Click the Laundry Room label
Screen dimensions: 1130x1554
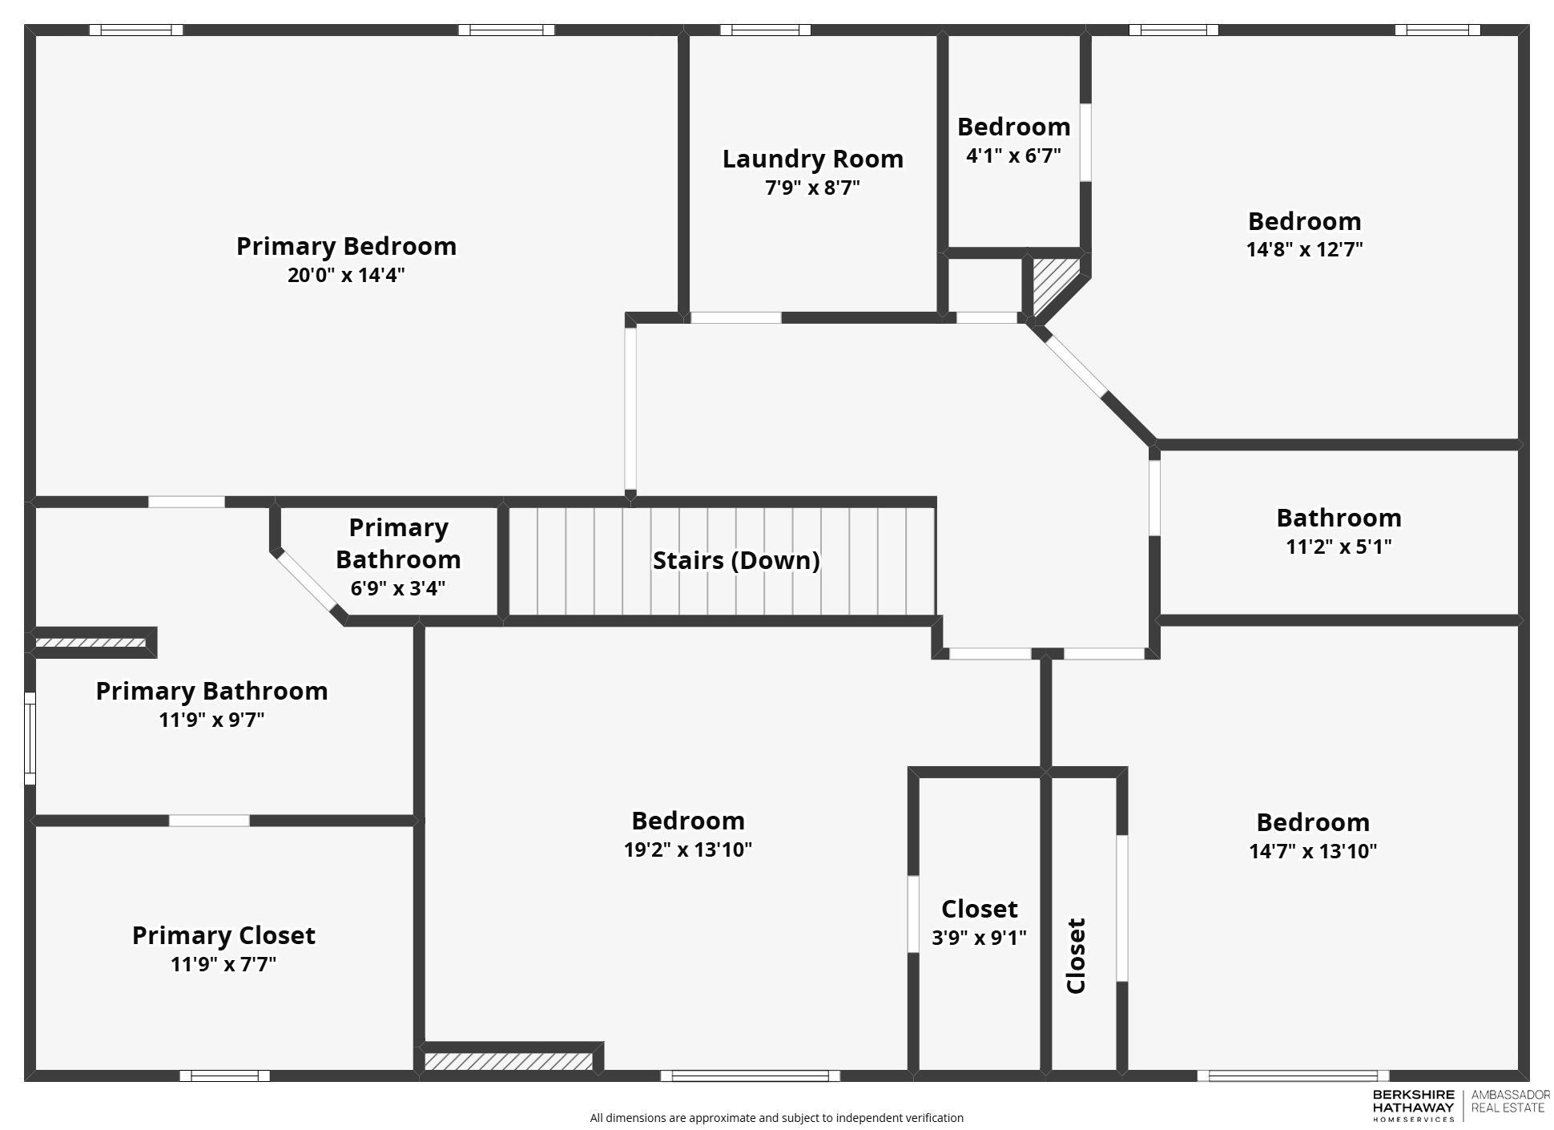coord(812,159)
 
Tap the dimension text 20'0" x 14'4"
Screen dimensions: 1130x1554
coord(346,275)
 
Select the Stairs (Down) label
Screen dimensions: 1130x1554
coord(735,560)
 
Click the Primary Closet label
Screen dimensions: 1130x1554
coord(223,935)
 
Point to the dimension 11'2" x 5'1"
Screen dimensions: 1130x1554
coord(1338,547)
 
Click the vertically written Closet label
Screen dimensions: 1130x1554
coord(1076,955)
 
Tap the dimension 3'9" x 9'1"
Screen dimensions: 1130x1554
coord(979,938)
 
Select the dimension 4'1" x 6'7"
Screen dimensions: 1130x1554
coord(1013,155)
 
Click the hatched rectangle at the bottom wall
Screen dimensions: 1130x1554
coord(508,1062)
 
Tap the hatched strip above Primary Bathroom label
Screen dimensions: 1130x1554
coord(91,643)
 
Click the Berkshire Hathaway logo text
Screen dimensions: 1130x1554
coord(1413,1105)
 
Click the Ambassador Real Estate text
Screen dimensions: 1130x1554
coord(1509,1101)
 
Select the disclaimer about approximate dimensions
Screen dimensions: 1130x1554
coord(776,1117)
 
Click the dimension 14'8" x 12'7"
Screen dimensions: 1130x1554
coord(1304,249)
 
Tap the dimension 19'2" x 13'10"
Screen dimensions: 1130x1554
coord(687,850)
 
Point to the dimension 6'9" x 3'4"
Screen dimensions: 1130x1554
coord(397,588)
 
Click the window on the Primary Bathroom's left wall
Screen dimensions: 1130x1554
coord(30,739)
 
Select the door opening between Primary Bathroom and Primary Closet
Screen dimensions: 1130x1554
coord(209,821)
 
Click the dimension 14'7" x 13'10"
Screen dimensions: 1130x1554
coord(1312,851)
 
